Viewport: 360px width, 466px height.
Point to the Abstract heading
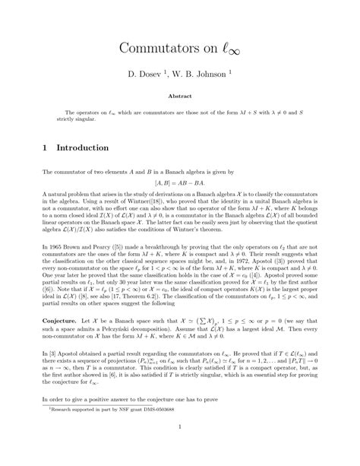tap(180, 97)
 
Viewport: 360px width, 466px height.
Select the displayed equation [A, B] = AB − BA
tap(180, 184)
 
